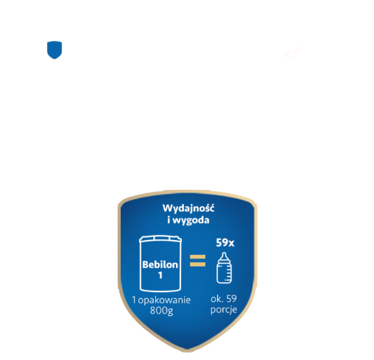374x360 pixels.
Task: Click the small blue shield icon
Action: [x=54, y=50]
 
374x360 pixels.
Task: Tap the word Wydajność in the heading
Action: [x=188, y=208]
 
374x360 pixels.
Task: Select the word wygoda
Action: [x=191, y=220]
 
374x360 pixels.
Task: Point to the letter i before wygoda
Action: [x=169, y=219]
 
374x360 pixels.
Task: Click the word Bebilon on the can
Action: [x=160, y=264]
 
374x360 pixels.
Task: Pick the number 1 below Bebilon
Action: [x=160, y=275]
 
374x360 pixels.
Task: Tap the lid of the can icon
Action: [x=160, y=239]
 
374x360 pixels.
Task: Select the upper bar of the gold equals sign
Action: [x=197, y=257]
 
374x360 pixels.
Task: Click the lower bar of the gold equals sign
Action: [x=197, y=264]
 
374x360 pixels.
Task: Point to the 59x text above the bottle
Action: [x=225, y=243]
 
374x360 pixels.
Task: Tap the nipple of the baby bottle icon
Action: [x=224, y=257]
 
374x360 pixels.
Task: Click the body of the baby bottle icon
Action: [x=224, y=273]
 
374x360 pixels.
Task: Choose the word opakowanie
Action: [x=164, y=300]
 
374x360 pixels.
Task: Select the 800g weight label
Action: [x=161, y=311]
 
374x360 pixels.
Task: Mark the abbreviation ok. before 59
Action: [x=217, y=299]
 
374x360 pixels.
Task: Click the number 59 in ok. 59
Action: [x=231, y=299]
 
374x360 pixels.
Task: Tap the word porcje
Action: [x=224, y=310]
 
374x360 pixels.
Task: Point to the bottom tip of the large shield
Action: [x=187, y=351]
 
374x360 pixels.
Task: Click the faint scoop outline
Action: [x=293, y=53]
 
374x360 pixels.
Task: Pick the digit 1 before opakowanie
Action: [x=134, y=300]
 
